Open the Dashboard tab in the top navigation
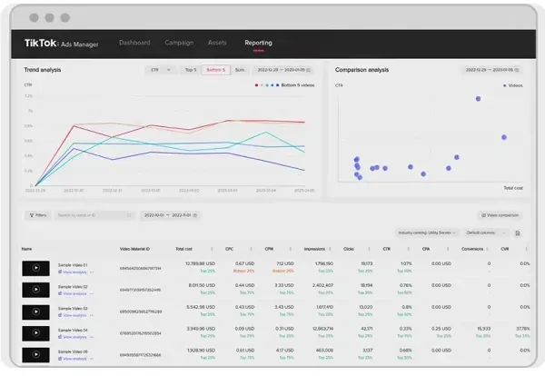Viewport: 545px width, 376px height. coord(134,43)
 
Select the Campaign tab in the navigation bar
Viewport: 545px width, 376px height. coord(179,43)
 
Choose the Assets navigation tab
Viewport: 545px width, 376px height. coord(218,43)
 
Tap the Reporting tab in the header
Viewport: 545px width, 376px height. coord(258,43)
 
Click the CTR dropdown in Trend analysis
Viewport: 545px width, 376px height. coord(160,69)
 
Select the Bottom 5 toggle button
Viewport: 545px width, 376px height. coord(215,69)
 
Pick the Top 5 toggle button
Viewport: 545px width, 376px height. coord(190,69)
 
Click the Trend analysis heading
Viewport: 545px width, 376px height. coord(45,69)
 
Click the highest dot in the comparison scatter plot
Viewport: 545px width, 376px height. coord(478,99)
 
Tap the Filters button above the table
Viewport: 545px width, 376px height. coord(38,215)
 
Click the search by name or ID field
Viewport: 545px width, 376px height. coord(91,215)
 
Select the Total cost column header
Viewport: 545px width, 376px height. coord(184,248)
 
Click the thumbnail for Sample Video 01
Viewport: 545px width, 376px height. coord(35,268)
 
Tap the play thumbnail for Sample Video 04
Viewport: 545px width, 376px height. coord(35,332)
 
